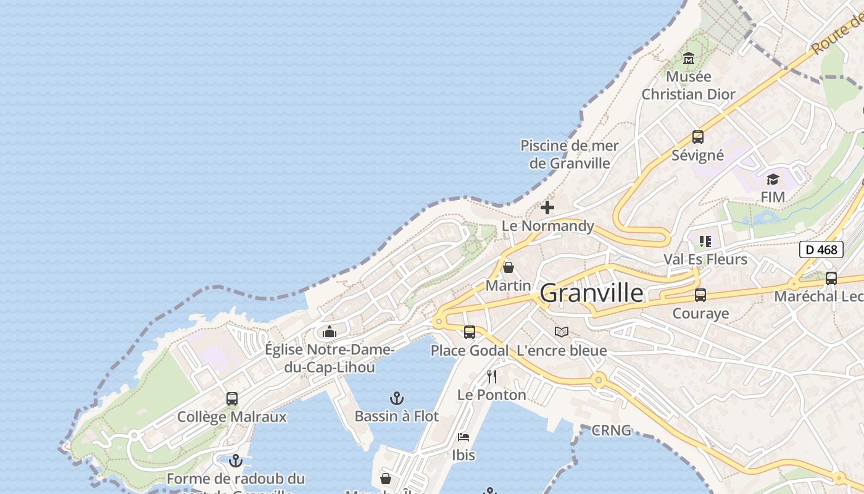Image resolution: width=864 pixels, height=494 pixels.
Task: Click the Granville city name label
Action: coord(591,293)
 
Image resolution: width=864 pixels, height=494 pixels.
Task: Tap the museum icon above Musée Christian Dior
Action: coord(689,59)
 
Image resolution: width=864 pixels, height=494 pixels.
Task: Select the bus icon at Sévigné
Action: coord(697,137)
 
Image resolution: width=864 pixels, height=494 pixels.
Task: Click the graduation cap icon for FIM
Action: coord(773,179)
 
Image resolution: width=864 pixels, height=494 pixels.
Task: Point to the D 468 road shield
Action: coord(821,249)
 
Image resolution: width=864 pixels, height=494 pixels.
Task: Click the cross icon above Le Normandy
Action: coord(547,207)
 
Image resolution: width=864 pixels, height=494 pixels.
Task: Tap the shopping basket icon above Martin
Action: coord(509,267)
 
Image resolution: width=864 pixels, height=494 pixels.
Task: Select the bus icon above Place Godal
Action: coord(470,332)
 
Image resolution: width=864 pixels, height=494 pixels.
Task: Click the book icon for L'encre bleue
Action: coord(562,332)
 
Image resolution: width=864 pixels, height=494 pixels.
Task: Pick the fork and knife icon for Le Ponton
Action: coord(492,376)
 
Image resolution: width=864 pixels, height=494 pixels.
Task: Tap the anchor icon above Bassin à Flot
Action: coord(397,398)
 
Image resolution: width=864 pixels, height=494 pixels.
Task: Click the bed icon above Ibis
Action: coord(463,437)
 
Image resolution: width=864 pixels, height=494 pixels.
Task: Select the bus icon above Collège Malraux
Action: coord(232,399)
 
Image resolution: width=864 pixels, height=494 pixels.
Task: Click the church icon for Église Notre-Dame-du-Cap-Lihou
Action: coord(330,332)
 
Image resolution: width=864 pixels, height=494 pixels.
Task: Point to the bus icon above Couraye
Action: coord(700,295)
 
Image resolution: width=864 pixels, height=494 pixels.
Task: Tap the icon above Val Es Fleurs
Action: coord(705,241)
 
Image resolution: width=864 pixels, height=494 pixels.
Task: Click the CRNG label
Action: coord(611,430)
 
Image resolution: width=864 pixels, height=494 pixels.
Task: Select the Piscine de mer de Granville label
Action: coord(570,154)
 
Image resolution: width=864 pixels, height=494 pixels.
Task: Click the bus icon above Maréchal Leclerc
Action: coord(831,278)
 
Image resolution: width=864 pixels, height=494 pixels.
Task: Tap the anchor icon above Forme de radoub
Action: coord(235,461)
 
